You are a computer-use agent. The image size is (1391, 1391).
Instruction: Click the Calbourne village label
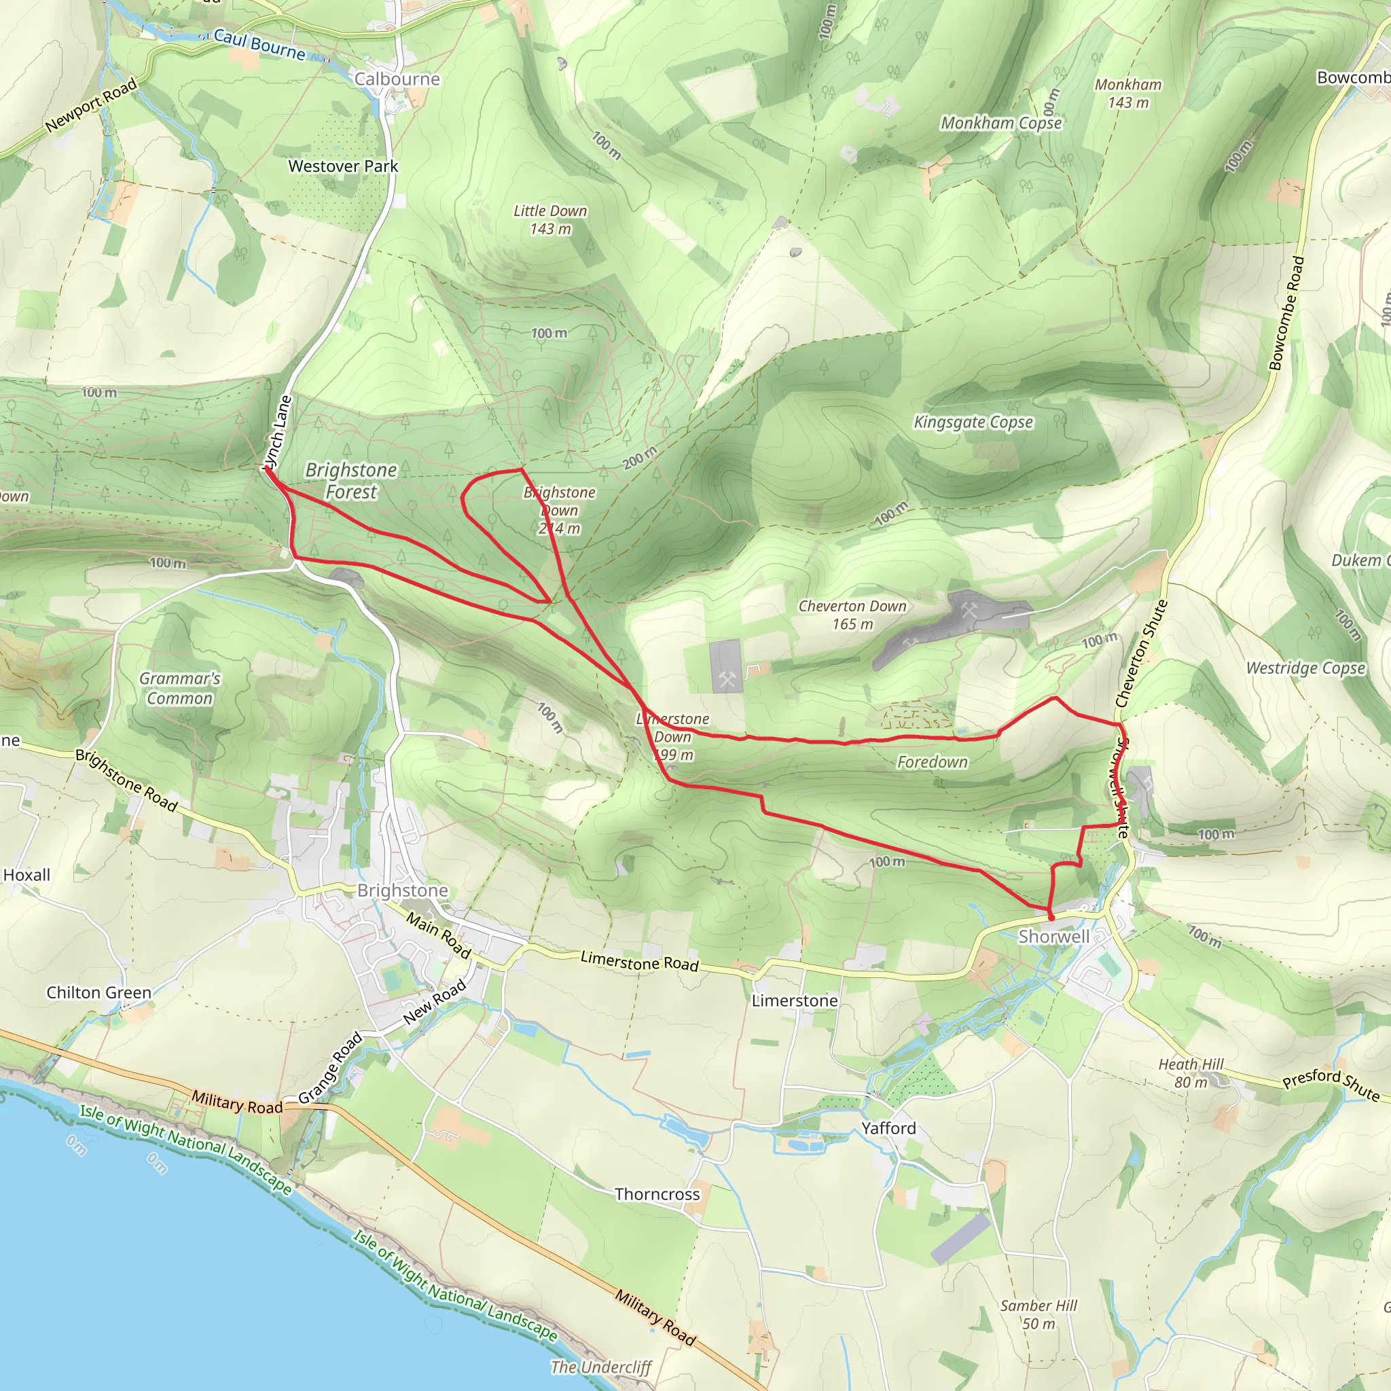(x=397, y=79)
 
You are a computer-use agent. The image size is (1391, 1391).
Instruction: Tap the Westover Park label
(x=343, y=166)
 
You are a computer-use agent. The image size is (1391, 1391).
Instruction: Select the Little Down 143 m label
(x=550, y=219)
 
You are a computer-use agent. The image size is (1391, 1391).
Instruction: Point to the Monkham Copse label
(x=1000, y=123)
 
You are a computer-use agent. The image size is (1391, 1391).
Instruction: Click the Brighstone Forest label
(x=351, y=480)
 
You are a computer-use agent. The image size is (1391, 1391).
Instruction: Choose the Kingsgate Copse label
(x=973, y=422)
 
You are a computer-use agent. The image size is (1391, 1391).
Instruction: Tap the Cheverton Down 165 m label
(x=852, y=615)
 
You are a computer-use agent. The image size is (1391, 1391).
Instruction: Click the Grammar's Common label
(x=179, y=688)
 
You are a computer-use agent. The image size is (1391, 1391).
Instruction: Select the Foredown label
(x=933, y=762)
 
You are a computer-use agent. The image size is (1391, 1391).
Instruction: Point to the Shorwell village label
(x=1053, y=936)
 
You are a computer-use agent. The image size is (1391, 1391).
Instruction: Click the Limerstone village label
(x=794, y=1000)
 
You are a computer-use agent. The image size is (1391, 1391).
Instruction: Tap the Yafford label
(x=888, y=1128)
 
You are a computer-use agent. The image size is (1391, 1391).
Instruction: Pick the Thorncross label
(x=657, y=1194)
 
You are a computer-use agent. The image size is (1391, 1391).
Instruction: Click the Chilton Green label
(x=99, y=992)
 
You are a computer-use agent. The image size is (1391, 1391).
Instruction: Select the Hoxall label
(x=26, y=875)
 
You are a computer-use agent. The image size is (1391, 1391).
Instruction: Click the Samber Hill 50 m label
(x=1038, y=1314)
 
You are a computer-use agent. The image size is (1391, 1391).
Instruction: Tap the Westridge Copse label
(x=1305, y=668)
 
